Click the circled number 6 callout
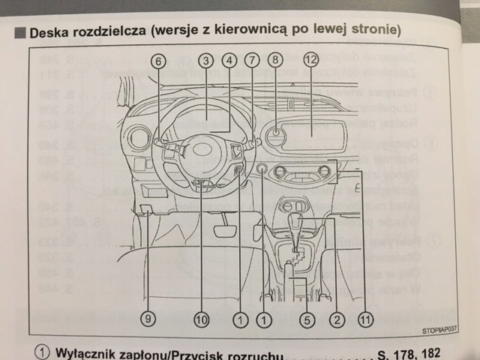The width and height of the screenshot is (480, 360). pyautogui.click(x=158, y=61)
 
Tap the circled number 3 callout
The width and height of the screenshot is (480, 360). pyautogui.click(x=207, y=61)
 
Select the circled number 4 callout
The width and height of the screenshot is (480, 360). pyautogui.click(x=229, y=61)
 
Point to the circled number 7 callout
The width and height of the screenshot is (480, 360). pyautogui.click(x=252, y=61)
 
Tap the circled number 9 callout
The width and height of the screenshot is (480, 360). pyautogui.click(x=148, y=319)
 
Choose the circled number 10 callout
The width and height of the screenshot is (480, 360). pyautogui.click(x=201, y=319)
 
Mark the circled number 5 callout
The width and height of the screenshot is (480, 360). pyautogui.click(x=306, y=319)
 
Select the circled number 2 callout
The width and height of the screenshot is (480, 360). pyautogui.click(x=337, y=319)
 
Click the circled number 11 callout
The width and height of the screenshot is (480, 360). pyautogui.click(x=365, y=319)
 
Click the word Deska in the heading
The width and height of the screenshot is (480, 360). pyautogui.click(x=51, y=32)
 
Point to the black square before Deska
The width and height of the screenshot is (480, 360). pyautogui.click(x=20, y=33)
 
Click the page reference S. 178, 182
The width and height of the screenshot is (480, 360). pyautogui.click(x=409, y=352)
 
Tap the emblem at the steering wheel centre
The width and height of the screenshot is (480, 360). pyautogui.click(x=200, y=149)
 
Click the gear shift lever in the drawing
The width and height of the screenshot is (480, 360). pyautogui.click(x=295, y=226)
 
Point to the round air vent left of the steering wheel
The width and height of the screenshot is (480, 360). pyautogui.click(x=139, y=137)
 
